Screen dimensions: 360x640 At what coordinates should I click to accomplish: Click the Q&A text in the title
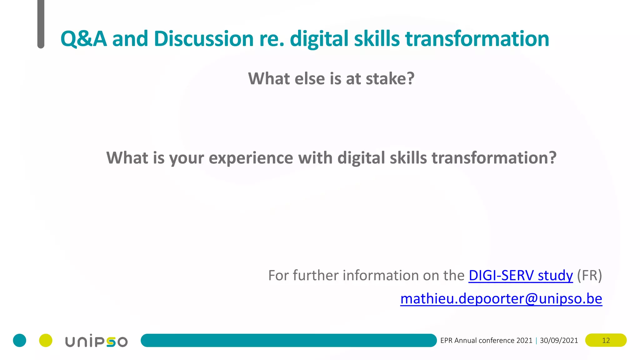click(83, 39)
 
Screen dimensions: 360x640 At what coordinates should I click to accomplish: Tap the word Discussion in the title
click(203, 39)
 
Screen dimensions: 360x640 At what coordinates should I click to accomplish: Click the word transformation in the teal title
click(477, 39)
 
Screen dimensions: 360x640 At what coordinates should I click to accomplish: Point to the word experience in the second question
click(251, 158)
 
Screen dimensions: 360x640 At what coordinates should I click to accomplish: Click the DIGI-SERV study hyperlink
click(521, 276)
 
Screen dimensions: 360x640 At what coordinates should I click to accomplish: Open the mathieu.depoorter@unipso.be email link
click(501, 299)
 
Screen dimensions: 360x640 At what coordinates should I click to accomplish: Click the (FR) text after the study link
click(589, 276)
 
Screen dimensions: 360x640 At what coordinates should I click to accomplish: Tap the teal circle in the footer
click(19, 340)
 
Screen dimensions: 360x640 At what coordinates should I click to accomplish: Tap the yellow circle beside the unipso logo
click(46, 340)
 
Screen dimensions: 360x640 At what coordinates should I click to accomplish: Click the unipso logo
click(96, 341)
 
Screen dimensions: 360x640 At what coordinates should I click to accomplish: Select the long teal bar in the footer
click(288, 340)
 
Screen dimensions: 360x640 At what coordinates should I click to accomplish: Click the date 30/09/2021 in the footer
click(559, 340)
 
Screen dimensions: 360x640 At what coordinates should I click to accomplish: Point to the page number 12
click(606, 340)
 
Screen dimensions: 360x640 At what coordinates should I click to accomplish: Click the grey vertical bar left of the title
click(41, 23)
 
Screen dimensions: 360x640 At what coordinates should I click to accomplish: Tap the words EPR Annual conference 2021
click(486, 340)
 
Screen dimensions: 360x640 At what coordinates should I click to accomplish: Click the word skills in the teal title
click(377, 39)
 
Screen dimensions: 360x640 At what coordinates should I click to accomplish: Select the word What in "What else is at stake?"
click(269, 78)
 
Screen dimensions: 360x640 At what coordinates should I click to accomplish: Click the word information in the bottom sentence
click(380, 276)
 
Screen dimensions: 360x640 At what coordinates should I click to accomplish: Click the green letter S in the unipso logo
click(111, 342)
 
